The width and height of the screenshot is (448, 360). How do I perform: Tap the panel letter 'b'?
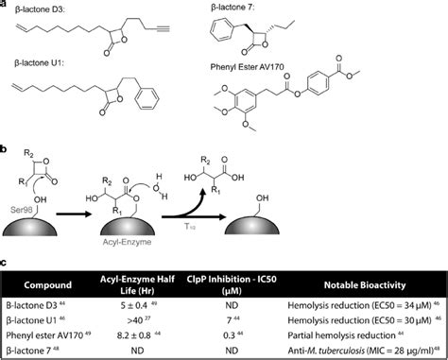coord(5,148)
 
